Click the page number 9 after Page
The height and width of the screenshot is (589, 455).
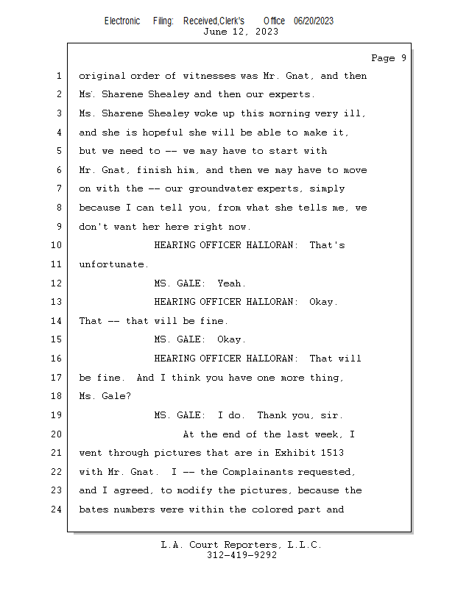[x=403, y=58]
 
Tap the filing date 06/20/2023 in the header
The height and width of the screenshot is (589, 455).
[x=314, y=21]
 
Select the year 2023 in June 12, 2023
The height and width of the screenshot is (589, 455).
[x=267, y=32]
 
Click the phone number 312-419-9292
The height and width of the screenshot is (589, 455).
[x=241, y=555]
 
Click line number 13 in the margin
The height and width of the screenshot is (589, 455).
[x=57, y=302]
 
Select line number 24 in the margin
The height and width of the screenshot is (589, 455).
[x=57, y=509]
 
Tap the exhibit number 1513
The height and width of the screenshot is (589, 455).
[x=332, y=453]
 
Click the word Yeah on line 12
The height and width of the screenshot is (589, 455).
[x=229, y=283]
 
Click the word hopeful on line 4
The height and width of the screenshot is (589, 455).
[x=162, y=133]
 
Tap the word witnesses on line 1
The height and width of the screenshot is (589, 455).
[x=209, y=76]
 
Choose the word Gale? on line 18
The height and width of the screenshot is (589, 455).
[x=116, y=396]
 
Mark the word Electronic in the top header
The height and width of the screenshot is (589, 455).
[x=122, y=21]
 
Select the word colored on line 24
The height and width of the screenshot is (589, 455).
[x=272, y=509]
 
